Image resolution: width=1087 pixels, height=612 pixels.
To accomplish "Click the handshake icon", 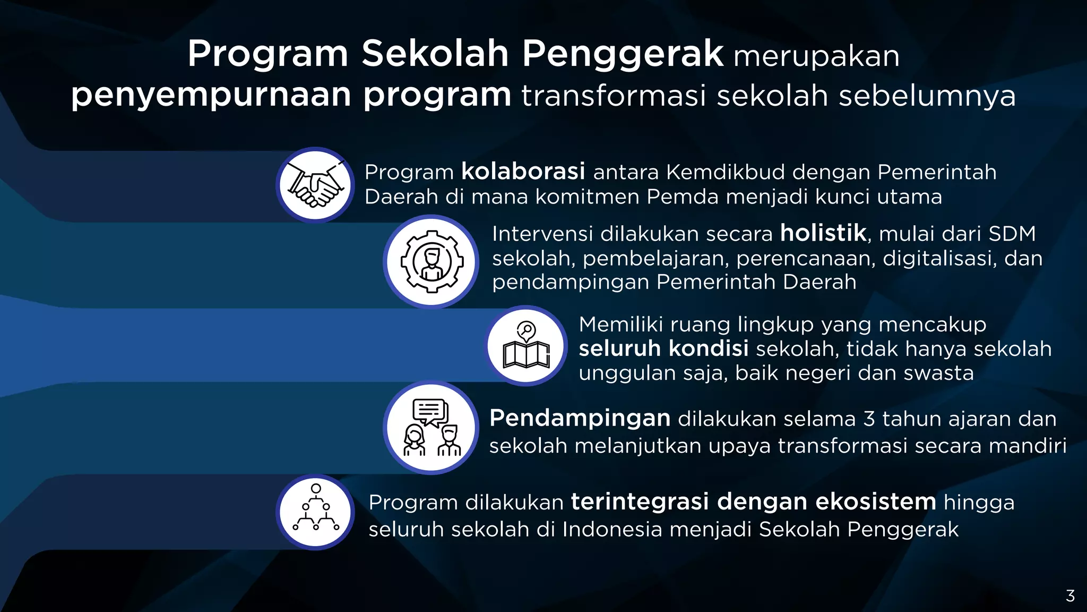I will pos(315,185).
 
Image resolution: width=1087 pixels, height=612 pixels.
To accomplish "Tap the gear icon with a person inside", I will pos(431,261).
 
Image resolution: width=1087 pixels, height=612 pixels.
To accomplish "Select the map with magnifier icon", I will pos(526,346).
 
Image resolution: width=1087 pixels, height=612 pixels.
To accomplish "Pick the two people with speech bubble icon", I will pos(431,428).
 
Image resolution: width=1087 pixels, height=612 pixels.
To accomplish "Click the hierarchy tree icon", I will pos(316,512).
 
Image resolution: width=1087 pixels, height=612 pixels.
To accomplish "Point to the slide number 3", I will pos(1071,596).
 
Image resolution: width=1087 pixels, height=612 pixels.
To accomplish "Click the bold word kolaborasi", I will pos(523,172).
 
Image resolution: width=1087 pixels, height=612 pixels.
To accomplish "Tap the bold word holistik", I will pos(823,233).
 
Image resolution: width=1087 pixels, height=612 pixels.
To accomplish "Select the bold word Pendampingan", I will pos(580,419).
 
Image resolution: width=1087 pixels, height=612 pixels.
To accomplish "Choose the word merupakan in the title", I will pos(816,56).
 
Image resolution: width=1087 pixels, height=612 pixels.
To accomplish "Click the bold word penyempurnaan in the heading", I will pos(211,96).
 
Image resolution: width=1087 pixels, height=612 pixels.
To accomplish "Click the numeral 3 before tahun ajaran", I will pos(869,419).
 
